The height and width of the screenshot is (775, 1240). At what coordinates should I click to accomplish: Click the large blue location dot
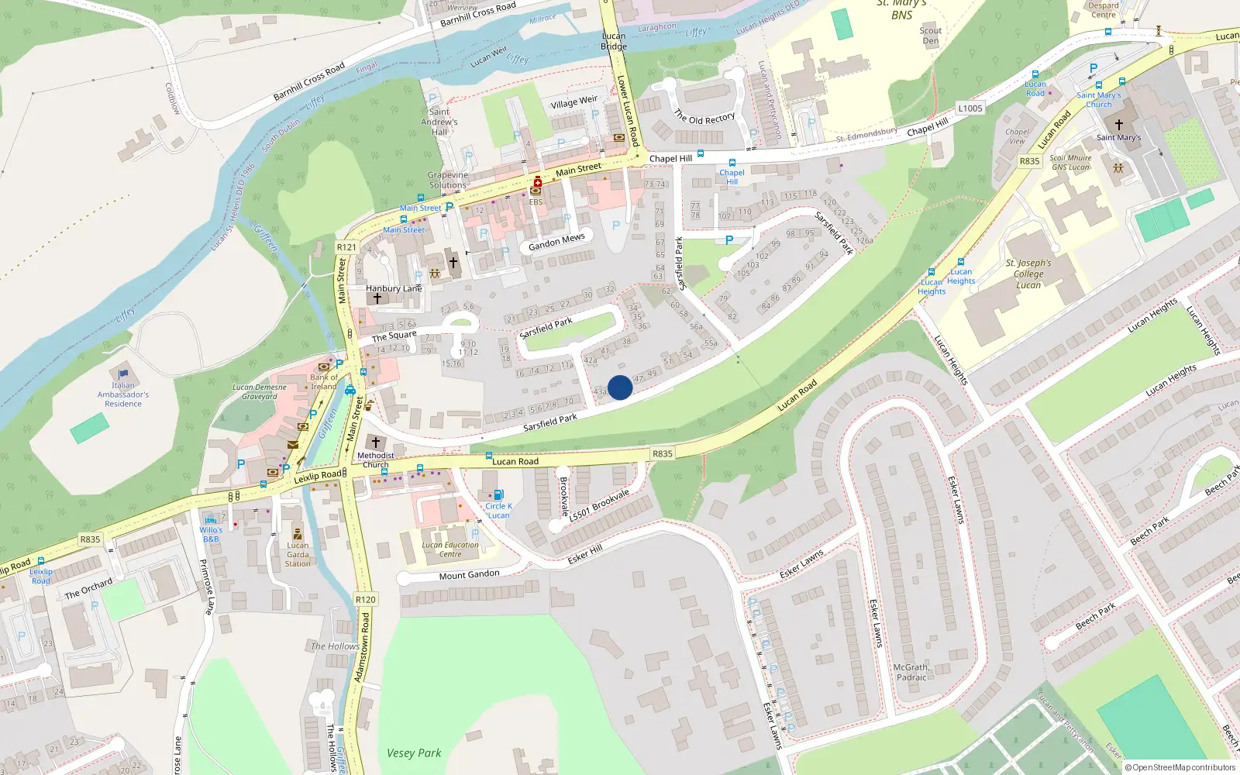(x=620, y=387)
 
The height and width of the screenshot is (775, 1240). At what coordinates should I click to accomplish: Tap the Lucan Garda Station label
(x=298, y=554)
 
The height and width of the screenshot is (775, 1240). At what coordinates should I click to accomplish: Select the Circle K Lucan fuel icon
(x=498, y=494)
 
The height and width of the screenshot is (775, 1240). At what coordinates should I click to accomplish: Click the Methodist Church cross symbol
(x=376, y=443)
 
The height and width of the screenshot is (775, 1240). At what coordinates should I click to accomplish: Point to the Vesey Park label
(x=414, y=753)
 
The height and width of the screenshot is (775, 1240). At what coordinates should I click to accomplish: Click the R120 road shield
(x=365, y=599)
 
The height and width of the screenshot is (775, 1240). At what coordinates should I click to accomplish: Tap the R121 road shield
(x=346, y=247)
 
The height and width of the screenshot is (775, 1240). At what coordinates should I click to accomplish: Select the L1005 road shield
(x=970, y=108)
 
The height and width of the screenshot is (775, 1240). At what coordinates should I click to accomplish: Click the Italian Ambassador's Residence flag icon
(x=123, y=375)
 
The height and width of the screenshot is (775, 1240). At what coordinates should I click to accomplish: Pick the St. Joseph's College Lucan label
(x=1028, y=274)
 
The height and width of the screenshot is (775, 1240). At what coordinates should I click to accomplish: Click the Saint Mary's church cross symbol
(x=1118, y=124)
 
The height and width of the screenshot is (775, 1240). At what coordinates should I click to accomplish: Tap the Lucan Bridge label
(x=614, y=41)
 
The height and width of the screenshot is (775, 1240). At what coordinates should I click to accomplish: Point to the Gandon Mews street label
(x=556, y=243)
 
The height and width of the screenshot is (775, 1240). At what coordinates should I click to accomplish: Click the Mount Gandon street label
(x=469, y=575)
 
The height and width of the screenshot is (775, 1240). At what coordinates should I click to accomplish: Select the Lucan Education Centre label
(x=450, y=549)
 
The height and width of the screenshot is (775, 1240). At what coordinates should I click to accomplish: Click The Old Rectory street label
(x=704, y=117)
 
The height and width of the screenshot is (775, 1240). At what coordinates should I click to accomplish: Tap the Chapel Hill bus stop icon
(x=732, y=163)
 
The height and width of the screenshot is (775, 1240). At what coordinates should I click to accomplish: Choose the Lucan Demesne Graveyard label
(x=260, y=391)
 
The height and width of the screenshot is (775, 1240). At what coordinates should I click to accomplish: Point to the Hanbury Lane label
(x=394, y=288)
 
